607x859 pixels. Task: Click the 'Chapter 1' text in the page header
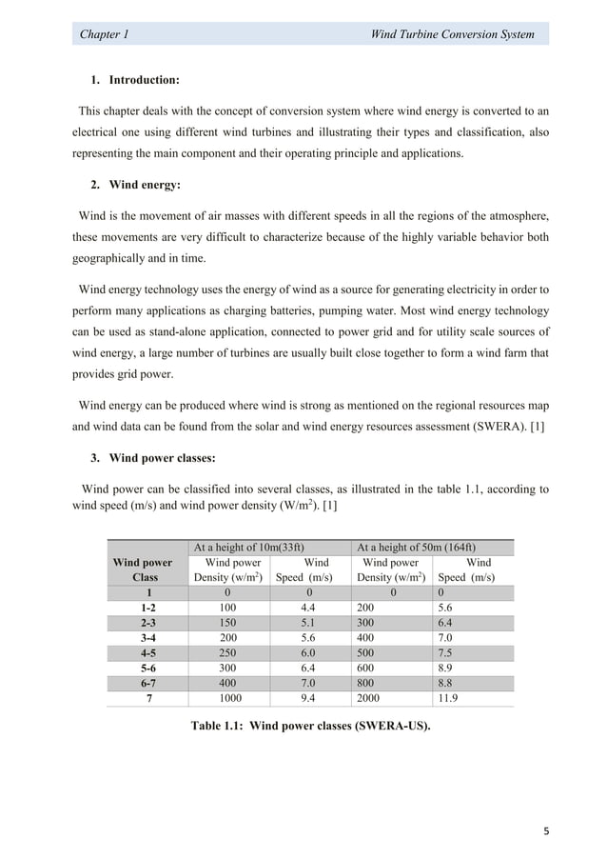click(105, 34)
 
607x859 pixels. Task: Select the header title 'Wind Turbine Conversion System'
click(452, 34)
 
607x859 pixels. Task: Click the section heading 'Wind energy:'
click(145, 185)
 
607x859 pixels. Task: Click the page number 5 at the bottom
click(546, 830)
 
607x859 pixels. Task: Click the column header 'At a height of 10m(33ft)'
click(249, 548)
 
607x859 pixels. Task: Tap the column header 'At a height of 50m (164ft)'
click(420, 548)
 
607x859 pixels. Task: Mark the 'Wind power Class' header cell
click(143, 569)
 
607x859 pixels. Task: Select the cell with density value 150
click(228, 623)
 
